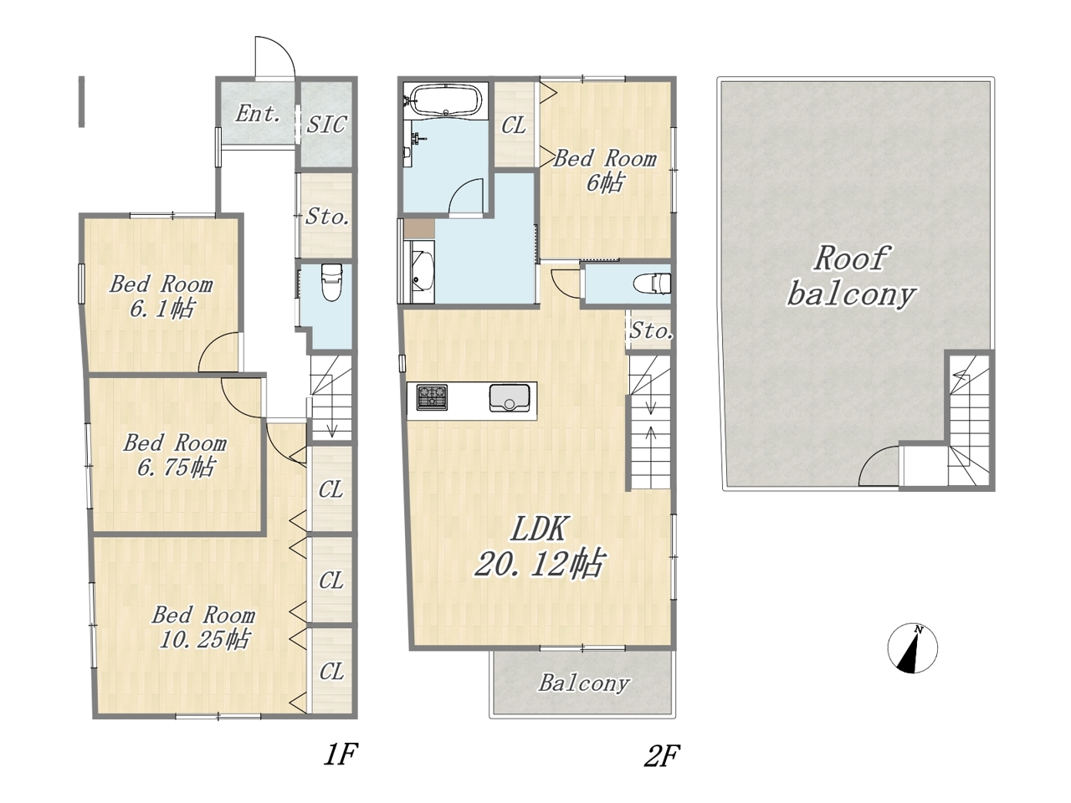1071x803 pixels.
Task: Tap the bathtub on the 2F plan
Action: [447, 100]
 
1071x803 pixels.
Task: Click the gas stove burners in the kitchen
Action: [432, 397]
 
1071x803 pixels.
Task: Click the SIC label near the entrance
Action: [326, 125]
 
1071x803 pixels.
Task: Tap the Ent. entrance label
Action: [258, 114]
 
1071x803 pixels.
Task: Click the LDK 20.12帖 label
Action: [539, 546]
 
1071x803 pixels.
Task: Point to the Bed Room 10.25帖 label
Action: [203, 627]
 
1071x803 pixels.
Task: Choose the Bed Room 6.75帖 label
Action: [175, 455]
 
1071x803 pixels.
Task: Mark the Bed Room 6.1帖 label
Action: [161, 296]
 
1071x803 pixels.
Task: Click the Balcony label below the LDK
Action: [583, 683]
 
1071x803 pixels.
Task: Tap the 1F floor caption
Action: [340, 755]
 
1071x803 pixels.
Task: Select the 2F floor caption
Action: [661, 756]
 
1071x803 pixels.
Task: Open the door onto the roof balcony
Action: [879, 468]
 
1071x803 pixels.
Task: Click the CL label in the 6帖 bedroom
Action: [514, 125]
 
